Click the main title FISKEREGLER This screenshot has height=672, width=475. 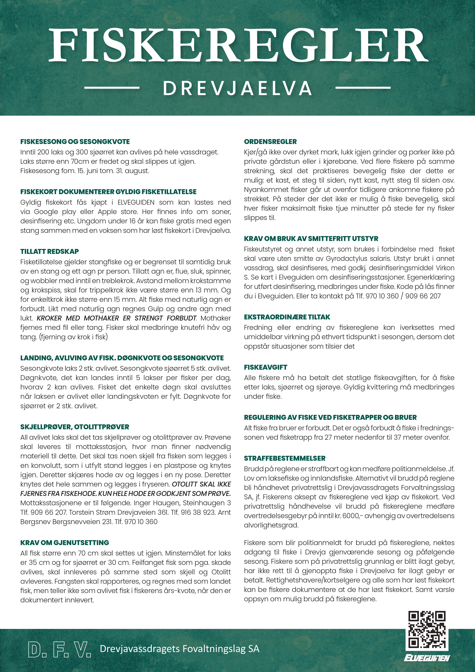[x=237, y=44]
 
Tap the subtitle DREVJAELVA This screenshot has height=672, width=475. [x=237, y=88]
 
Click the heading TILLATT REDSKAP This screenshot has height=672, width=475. [x=49, y=251]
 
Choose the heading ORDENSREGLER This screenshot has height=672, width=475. [x=270, y=142]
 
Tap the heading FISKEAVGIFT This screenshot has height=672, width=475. [x=266, y=367]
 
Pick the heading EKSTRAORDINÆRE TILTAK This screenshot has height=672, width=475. [x=287, y=317]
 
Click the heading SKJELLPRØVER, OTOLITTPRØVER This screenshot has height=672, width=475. [x=75, y=427]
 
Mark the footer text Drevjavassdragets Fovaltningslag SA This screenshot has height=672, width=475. [x=180, y=649]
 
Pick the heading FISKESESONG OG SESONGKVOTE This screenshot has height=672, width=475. [x=75, y=142]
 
